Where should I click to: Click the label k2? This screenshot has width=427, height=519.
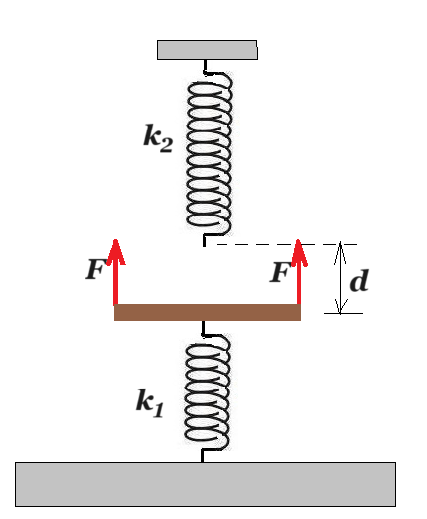point(158,138)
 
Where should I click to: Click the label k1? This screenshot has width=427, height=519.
point(150,403)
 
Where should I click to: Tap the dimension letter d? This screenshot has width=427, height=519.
point(359,281)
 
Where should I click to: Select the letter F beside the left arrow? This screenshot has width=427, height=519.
point(96,269)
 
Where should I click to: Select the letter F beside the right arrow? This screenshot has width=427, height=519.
point(280,272)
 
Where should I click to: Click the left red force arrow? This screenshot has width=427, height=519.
point(115,273)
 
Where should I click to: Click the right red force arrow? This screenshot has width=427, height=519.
point(299,273)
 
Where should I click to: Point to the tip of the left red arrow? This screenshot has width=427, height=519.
point(115,239)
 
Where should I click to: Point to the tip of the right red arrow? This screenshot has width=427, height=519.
point(299,239)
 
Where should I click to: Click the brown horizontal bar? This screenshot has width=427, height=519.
point(208,312)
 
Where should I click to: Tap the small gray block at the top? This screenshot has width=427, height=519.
point(208,50)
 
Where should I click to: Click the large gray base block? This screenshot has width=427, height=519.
point(206,484)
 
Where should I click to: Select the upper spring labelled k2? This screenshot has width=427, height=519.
point(210,154)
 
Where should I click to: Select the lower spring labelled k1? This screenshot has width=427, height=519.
point(208,391)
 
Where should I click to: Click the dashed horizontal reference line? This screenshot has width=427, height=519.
point(287,244)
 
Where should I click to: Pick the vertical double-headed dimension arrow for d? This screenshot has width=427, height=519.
point(340,278)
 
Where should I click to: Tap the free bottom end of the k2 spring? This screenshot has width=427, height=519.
point(204,246)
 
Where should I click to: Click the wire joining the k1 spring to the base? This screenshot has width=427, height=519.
point(202,455)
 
